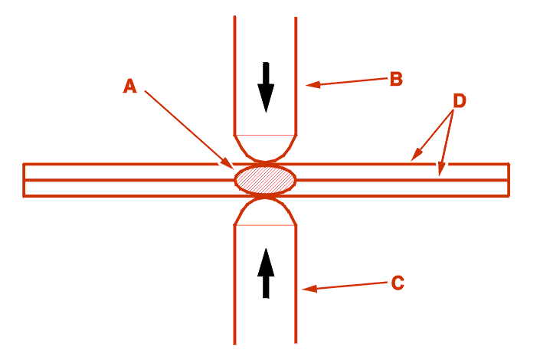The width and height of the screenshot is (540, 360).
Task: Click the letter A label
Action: tap(130, 86)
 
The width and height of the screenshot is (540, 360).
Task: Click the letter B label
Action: tap(396, 79)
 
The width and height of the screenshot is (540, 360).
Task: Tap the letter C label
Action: tap(398, 283)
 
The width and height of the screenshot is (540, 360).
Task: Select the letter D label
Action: tap(460, 101)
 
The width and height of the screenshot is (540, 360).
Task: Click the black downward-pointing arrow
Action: tap(266, 87)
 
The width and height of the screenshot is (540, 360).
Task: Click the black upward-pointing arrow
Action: tap(266, 273)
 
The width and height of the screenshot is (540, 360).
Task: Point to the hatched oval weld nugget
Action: tap(265, 179)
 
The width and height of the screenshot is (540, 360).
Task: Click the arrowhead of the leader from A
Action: tap(228, 164)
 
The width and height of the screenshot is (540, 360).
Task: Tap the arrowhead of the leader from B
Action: tap(313, 84)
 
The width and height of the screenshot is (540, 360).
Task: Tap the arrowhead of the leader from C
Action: tap(309, 289)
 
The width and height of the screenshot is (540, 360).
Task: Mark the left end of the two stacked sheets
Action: tap(24, 180)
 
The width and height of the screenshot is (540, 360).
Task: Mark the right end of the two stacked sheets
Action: tap(509, 180)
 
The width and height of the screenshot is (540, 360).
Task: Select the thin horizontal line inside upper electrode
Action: tap(265, 135)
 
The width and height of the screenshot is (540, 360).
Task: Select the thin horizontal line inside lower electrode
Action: tap(265, 225)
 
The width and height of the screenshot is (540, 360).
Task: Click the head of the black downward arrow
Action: tap(266, 99)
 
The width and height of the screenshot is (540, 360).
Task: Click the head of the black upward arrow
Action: tap(266, 262)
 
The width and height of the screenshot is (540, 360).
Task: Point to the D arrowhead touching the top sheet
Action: tap(416, 155)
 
